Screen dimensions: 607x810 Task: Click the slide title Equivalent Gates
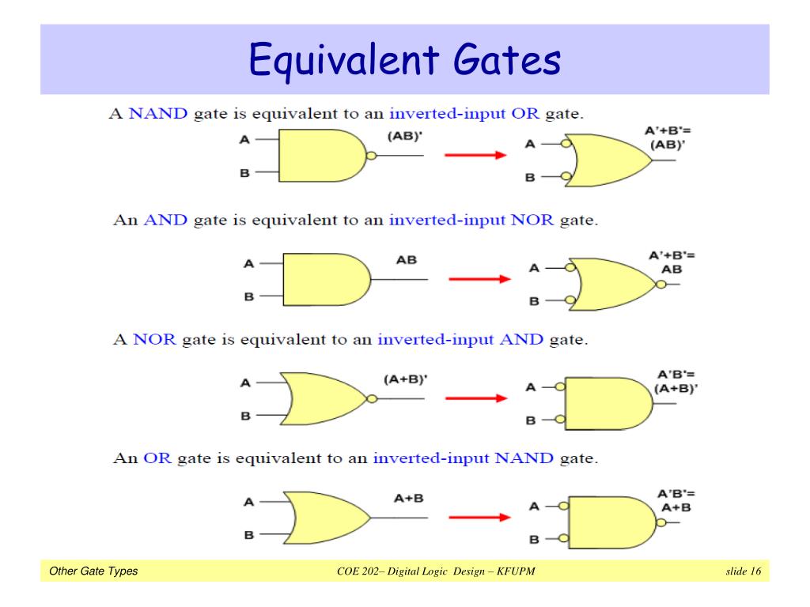pos(405,60)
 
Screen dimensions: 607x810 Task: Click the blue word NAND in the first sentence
pos(158,113)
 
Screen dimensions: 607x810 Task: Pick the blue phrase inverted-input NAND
pos(464,458)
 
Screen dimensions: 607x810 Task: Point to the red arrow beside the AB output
pos(479,278)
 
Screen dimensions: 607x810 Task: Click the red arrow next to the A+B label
pos(479,518)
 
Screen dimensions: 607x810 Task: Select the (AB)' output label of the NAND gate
pos(405,136)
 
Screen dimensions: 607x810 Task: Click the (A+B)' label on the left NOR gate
pos(405,379)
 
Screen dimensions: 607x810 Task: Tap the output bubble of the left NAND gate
pos(371,156)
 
